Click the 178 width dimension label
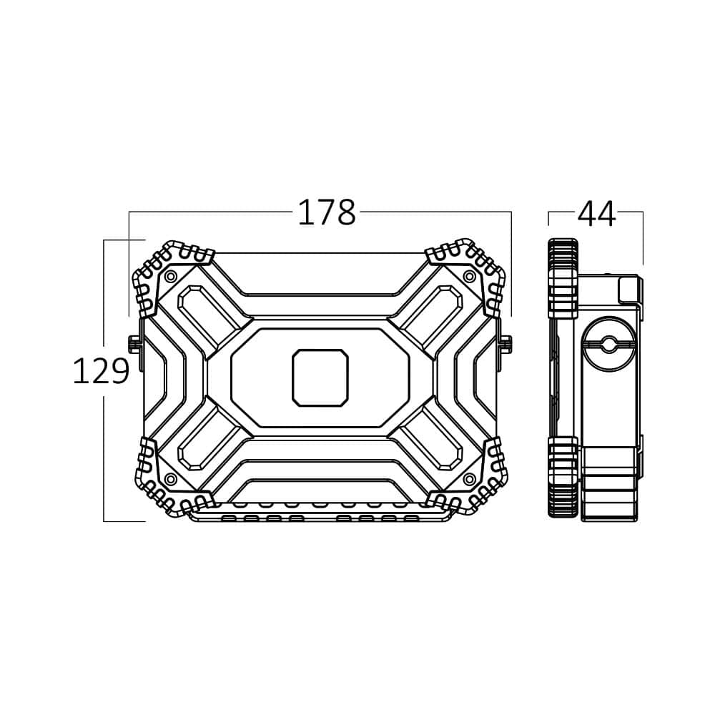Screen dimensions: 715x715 point(327,212)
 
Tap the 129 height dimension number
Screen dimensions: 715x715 point(102,370)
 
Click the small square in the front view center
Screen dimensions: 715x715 point(320,378)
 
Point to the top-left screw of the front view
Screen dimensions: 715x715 point(171,276)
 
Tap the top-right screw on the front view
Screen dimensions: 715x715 point(469,276)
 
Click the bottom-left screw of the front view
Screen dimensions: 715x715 point(171,479)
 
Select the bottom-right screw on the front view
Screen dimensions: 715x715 point(469,479)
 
